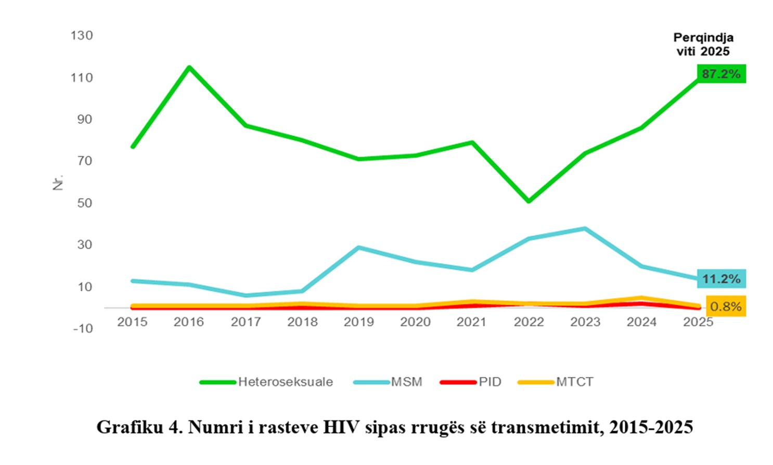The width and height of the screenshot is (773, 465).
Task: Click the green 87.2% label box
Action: point(721,74)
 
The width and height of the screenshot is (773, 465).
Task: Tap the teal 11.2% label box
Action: point(721,279)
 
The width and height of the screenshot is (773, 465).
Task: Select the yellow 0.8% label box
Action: point(726,306)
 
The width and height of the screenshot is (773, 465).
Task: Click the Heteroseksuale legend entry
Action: point(285,382)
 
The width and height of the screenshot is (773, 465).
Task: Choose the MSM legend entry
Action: point(406,382)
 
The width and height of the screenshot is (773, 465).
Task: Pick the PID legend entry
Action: point(489,382)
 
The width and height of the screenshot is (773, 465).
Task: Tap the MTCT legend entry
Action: point(574,382)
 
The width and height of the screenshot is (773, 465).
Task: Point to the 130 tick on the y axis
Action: point(82,35)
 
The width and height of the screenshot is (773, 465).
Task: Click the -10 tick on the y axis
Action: point(83,329)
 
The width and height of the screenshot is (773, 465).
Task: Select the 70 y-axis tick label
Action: point(84,161)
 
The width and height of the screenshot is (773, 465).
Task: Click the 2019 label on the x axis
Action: point(358,322)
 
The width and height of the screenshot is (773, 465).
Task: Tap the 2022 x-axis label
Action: point(529,322)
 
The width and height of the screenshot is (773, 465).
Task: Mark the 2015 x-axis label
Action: point(132,322)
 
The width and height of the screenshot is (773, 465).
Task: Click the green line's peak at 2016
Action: point(189,67)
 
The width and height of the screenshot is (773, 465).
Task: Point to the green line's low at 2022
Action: point(529,201)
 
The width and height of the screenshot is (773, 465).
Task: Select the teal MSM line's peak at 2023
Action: point(585,228)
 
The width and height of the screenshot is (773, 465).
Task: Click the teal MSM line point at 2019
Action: point(358,248)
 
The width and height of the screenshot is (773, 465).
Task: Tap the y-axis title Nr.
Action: point(58,182)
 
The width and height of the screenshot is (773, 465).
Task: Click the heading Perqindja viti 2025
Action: point(703,44)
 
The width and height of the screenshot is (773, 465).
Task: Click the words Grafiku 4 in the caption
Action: point(138,427)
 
